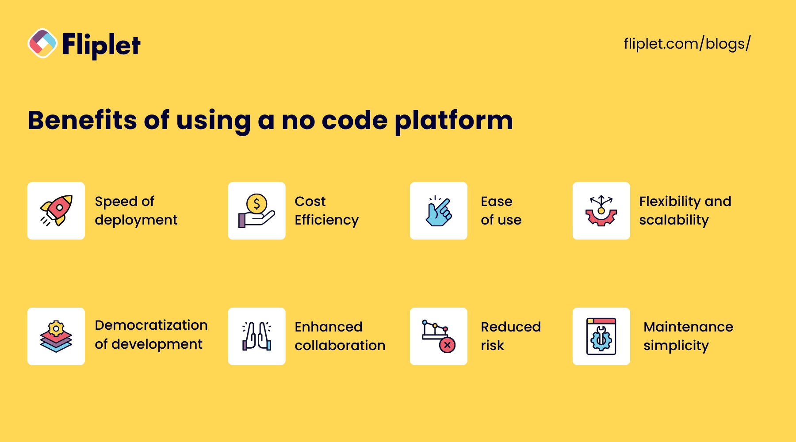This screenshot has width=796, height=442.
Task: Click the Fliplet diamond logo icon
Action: click(42, 43)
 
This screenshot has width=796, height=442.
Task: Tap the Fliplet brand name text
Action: click(101, 45)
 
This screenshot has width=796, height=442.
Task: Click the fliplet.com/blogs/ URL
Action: click(687, 44)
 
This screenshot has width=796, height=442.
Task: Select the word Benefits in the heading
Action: click(83, 120)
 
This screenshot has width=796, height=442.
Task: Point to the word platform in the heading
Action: click(454, 121)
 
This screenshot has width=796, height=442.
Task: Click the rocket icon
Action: click(56, 210)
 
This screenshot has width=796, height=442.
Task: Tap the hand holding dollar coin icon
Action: click(256, 211)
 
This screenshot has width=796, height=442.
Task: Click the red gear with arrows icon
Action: click(601, 211)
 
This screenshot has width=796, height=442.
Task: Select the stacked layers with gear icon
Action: click(56, 336)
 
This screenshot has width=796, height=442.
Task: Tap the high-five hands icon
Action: click(256, 336)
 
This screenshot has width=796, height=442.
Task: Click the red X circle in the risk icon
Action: click(447, 345)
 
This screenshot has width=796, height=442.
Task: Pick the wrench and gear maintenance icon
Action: click(601, 336)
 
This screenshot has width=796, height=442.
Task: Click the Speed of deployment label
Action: click(136, 211)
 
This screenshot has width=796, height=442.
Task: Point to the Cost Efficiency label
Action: click(327, 211)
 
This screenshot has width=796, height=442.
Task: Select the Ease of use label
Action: click(501, 211)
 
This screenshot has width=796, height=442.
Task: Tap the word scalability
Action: click(674, 220)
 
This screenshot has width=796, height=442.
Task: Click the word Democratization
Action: click(151, 325)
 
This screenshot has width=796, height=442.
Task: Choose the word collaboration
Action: click(340, 345)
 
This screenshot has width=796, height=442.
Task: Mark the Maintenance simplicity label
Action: click(688, 336)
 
